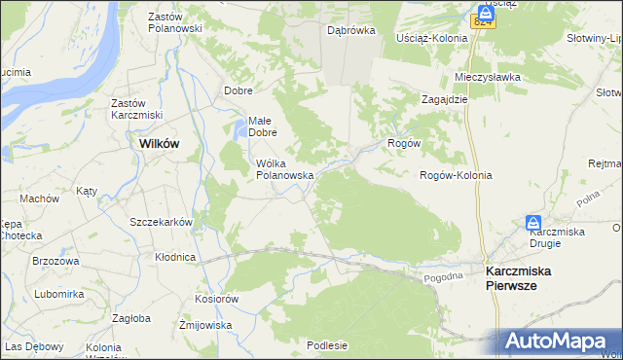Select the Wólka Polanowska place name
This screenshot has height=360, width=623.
click(x=283, y=169)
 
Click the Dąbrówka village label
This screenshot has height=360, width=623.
click(x=351, y=30)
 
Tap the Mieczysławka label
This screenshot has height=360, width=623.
click(x=489, y=77)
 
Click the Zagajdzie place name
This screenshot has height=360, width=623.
click(x=445, y=99)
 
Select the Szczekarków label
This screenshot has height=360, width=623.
click(x=161, y=222)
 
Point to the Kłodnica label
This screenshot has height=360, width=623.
click(x=175, y=257)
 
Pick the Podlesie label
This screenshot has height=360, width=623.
click(x=327, y=344)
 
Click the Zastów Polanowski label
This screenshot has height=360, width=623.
click(x=174, y=22)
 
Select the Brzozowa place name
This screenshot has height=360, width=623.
click(x=55, y=261)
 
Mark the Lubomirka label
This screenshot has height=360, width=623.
click(x=59, y=293)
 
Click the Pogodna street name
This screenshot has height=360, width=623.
click(x=446, y=277)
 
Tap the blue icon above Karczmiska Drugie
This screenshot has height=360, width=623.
click(x=533, y=223)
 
